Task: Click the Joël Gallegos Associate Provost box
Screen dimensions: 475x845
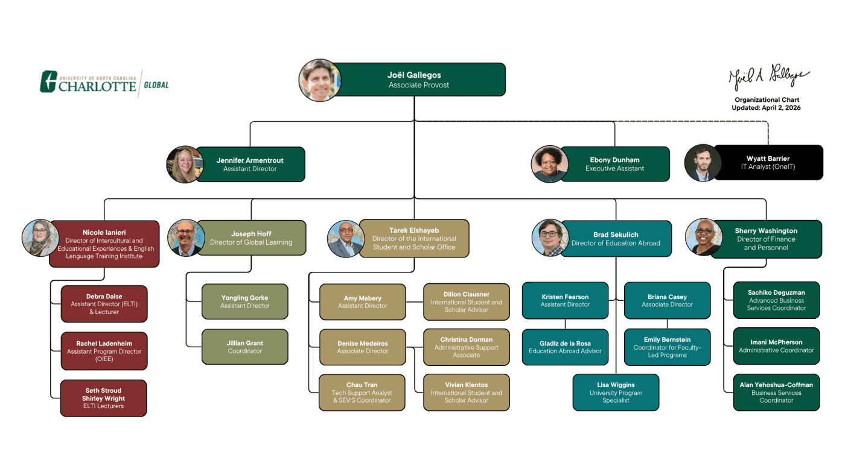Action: click(x=415, y=80)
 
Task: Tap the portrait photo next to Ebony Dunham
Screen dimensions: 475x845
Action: click(x=549, y=164)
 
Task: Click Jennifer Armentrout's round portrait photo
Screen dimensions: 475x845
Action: click(x=184, y=164)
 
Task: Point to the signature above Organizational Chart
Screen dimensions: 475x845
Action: click(x=768, y=78)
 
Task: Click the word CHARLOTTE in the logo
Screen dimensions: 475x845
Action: click(x=97, y=86)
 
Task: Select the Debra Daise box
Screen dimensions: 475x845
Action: click(x=104, y=304)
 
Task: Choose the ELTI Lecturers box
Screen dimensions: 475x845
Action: click(x=104, y=398)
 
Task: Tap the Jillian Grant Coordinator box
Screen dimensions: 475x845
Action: click(x=245, y=347)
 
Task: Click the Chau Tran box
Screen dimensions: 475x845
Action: click(x=362, y=392)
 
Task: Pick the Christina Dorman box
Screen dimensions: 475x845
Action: click(x=466, y=347)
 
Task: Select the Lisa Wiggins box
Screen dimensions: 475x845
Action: click(x=616, y=392)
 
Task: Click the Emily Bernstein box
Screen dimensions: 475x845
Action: click(x=667, y=347)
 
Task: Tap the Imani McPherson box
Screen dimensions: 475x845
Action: click(x=776, y=346)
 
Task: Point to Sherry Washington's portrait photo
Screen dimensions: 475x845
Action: click(x=704, y=236)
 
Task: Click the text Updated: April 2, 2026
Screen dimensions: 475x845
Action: click(x=766, y=108)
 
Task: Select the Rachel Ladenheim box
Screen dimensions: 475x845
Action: click(x=104, y=351)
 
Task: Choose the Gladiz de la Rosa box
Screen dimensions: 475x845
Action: click(x=565, y=347)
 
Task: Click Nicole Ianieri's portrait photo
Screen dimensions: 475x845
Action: click(x=40, y=237)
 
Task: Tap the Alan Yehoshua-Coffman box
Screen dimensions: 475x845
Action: click(x=776, y=392)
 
